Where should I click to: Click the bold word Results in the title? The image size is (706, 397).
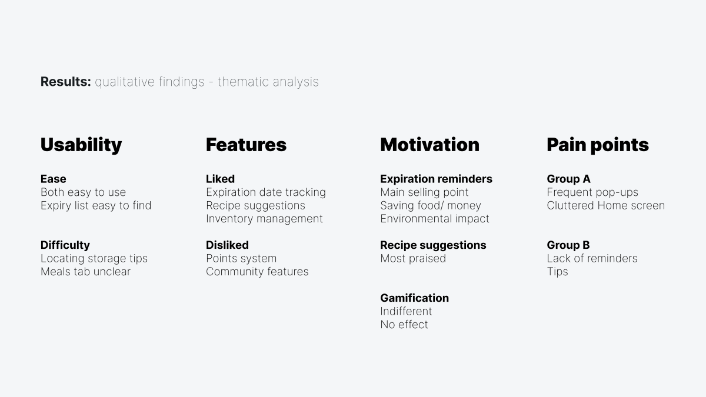coord(65,82)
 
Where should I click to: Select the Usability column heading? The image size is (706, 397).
coord(81,145)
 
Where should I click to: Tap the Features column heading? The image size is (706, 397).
coord(246,145)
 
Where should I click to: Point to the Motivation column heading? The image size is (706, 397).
coord(429,145)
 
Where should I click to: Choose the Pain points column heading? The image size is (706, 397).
coord(597,145)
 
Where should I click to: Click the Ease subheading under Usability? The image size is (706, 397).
coord(54,179)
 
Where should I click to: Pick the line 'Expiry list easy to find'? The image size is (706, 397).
coord(96,205)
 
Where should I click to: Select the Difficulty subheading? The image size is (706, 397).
coord(65,245)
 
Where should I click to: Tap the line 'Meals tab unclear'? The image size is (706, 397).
coord(85,271)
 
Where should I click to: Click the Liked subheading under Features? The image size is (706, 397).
coord(220,179)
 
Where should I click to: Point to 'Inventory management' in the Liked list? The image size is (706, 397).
coord(264,219)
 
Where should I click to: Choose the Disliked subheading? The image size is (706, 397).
coord(227,245)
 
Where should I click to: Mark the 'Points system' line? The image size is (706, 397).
coord(241,258)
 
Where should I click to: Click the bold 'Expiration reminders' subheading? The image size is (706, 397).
coord(436,179)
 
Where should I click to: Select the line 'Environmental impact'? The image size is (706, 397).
coord(435,219)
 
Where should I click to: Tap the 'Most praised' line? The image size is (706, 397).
coord(413,258)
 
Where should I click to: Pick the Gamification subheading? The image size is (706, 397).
coord(414,298)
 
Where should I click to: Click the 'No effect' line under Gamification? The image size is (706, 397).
coord(404,324)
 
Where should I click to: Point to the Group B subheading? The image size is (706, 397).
coord(568,245)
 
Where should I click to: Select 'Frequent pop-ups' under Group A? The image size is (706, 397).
coord(592,192)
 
